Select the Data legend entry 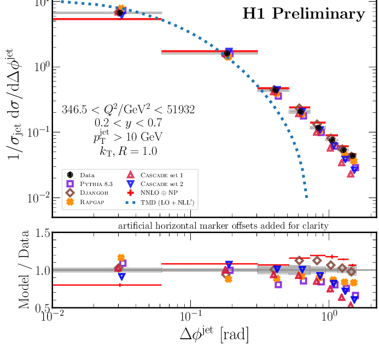(x=87, y=175)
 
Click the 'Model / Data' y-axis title (x=24, y=270)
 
